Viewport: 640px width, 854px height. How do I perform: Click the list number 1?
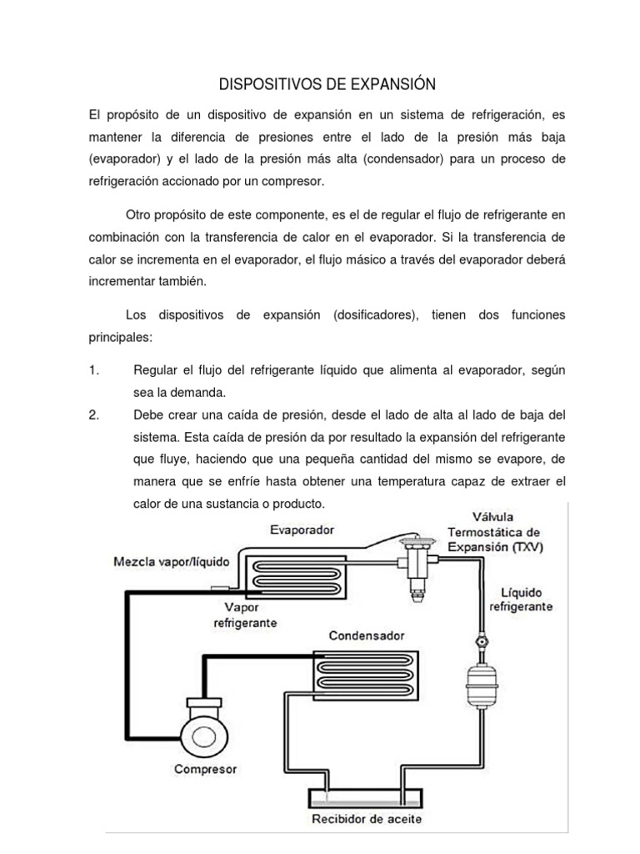[93, 370]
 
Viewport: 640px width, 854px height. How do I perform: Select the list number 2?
[94, 415]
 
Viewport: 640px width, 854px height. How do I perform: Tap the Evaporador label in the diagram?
[302, 530]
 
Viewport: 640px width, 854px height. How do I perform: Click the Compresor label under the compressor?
[206, 768]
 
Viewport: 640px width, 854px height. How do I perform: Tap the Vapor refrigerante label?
[245, 615]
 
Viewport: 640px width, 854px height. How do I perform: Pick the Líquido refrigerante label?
[520, 599]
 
